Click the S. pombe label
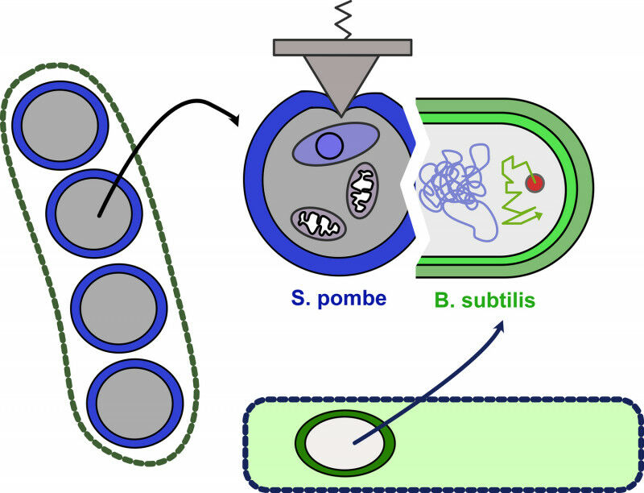337,299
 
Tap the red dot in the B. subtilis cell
533,184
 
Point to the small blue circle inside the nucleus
328,146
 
